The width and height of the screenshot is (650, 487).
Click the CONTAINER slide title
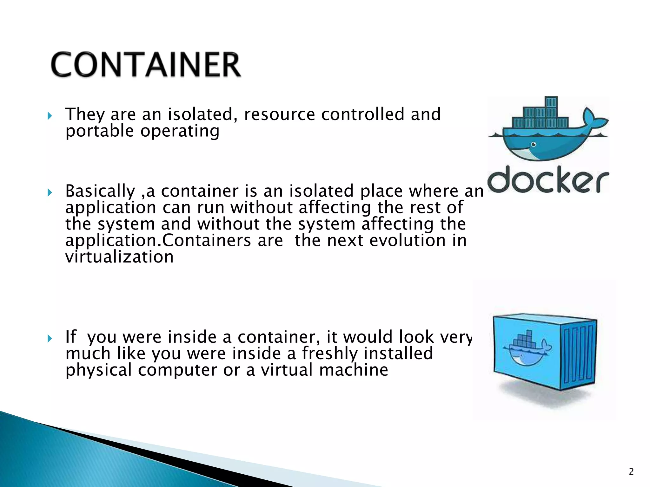[146, 65]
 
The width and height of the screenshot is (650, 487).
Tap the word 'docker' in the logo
[548, 179]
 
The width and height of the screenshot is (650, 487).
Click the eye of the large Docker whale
[534, 145]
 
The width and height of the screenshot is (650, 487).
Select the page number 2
[631, 472]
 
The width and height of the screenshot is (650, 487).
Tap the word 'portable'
[100, 131]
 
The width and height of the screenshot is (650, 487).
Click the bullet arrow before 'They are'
[50, 116]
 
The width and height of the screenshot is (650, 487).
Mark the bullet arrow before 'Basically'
[50, 192]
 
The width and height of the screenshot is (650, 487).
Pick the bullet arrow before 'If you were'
[50, 339]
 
